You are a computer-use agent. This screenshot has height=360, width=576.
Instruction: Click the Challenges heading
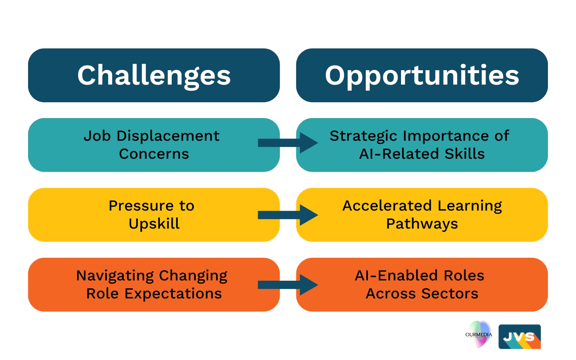[x=154, y=76]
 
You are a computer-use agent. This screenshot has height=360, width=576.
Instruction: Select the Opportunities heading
[x=422, y=76]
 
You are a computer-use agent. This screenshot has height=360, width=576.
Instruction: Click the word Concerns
[x=154, y=154]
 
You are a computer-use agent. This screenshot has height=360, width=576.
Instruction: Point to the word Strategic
[x=363, y=136]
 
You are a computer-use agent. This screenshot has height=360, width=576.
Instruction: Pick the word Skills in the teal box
[x=464, y=154]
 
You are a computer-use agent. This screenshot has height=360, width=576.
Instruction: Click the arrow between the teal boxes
[x=288, y=143]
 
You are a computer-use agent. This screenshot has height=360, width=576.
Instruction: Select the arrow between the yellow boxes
[x=288, y=215]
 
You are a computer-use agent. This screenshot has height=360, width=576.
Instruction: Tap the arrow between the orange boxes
[x=288, y=285]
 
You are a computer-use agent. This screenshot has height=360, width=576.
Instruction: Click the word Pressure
[x=141, y=206]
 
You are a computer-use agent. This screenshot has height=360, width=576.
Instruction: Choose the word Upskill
[x=154, y=224]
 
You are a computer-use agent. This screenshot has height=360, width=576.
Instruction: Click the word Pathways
[x=422, y=224]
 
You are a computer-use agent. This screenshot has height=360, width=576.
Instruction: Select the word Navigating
[x=115, y=276]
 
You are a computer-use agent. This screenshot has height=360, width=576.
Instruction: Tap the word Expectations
[x=173, y=294]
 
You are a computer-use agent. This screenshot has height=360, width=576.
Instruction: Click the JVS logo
[x=520, y=337]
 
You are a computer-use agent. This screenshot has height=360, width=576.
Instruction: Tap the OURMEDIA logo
[x=478, y=334]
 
